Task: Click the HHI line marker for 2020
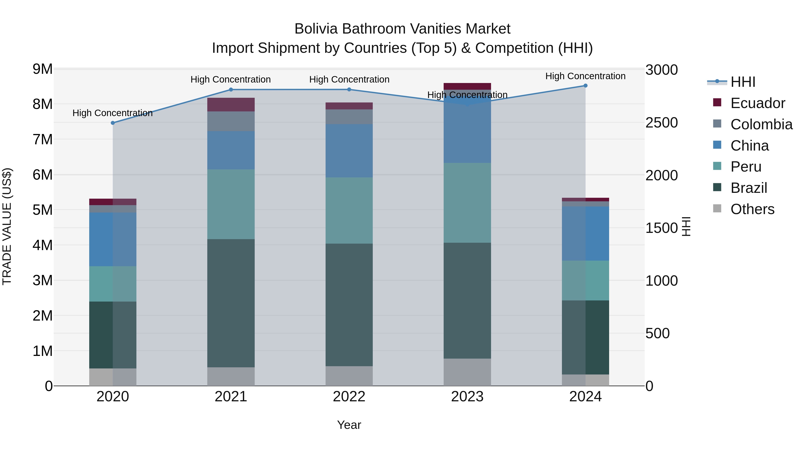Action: click(x=113, y=123)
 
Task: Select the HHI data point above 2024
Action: click(x=585, y=86)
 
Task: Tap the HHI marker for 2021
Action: click(x=231, y=90)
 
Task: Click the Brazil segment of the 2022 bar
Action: click(x=349, y=305)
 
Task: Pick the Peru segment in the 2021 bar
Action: click(x=231, y=204)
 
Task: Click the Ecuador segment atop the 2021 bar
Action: click(x=231, y=104)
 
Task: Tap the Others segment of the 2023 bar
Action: click(x=467, y=372)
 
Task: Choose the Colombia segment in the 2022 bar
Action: click(x=349, y=117)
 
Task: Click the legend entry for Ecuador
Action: click(x=758, y=103)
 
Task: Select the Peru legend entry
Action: click(x=746, y=167)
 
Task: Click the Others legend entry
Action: click(x=752, y=209)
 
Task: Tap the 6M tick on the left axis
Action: click(x=42, y=175)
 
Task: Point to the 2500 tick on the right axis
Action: click(x=662, y=123)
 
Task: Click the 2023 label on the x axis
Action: click(x=467, y=397)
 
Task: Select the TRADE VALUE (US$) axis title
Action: click(x=7, y=226)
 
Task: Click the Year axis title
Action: click(x=349, y=425)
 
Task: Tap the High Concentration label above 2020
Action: click(x=112, y=113)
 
